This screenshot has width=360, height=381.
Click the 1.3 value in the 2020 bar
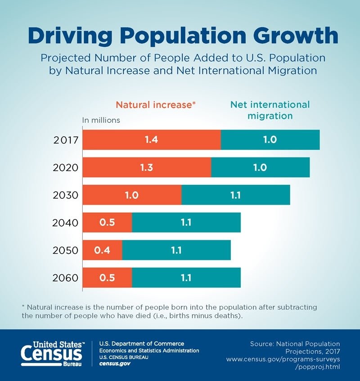(x=146, y=167)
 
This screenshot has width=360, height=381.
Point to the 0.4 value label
(x=101, y=250)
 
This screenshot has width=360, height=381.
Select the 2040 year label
(x=66, y=223)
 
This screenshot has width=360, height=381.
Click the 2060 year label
(x=66, y=278)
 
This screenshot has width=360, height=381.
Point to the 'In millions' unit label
(x=101, y=120)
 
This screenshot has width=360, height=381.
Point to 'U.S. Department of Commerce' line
(x=141, y=344)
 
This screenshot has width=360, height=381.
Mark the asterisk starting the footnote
(x=23, y=306)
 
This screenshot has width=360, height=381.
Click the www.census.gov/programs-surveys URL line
(x=283, y=359)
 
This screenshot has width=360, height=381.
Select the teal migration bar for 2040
(x=186, y=223)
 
